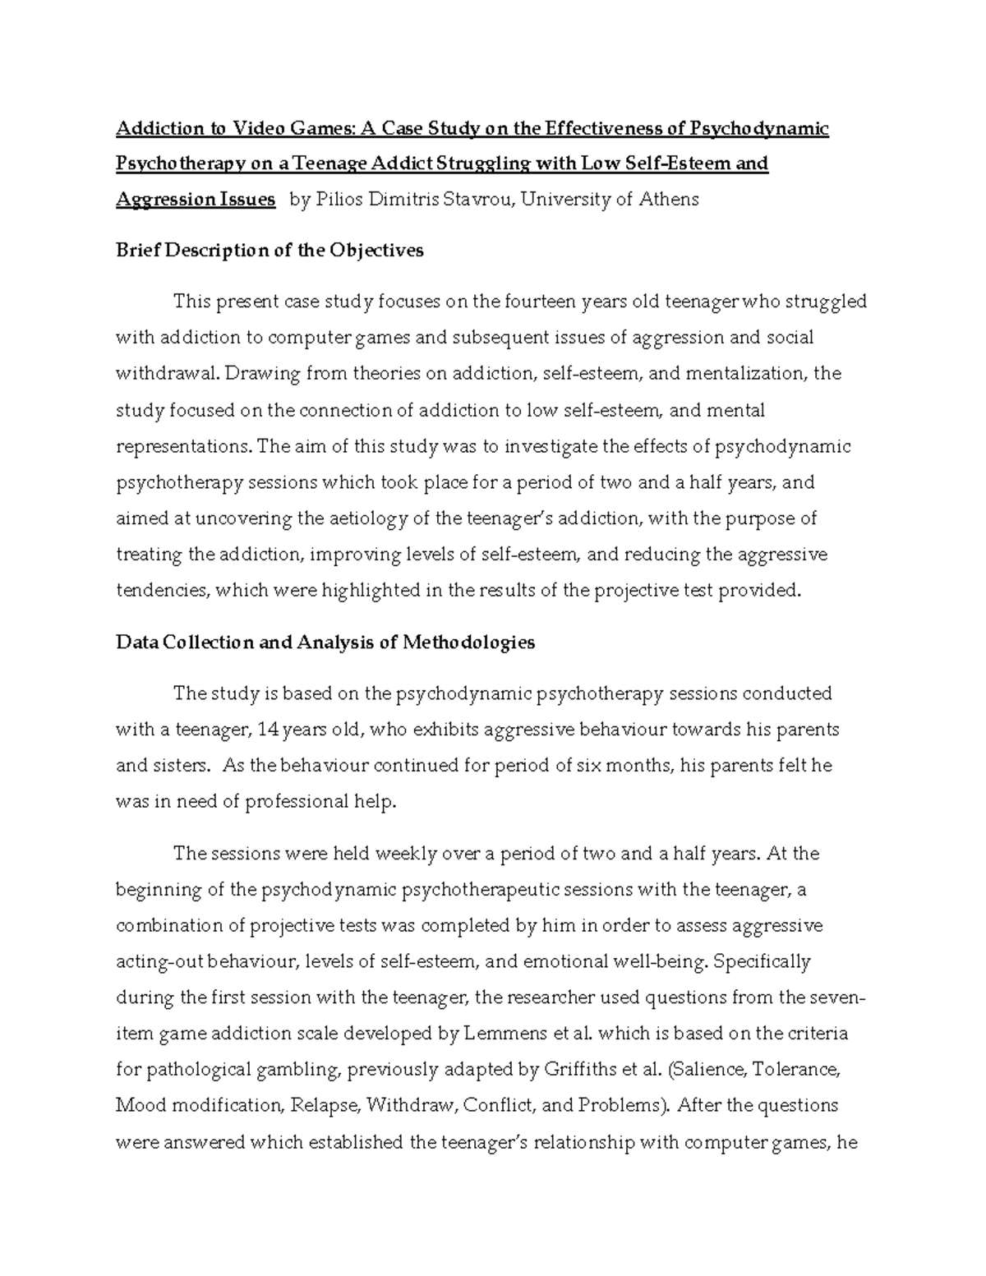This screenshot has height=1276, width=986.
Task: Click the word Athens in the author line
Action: point(668,199)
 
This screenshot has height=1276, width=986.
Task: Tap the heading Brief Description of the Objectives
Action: point(270,251)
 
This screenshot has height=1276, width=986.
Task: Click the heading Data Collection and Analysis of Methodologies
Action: point(325,642)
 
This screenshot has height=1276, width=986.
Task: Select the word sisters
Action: point(178,766)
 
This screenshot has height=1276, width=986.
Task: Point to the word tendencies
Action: point(161,591)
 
